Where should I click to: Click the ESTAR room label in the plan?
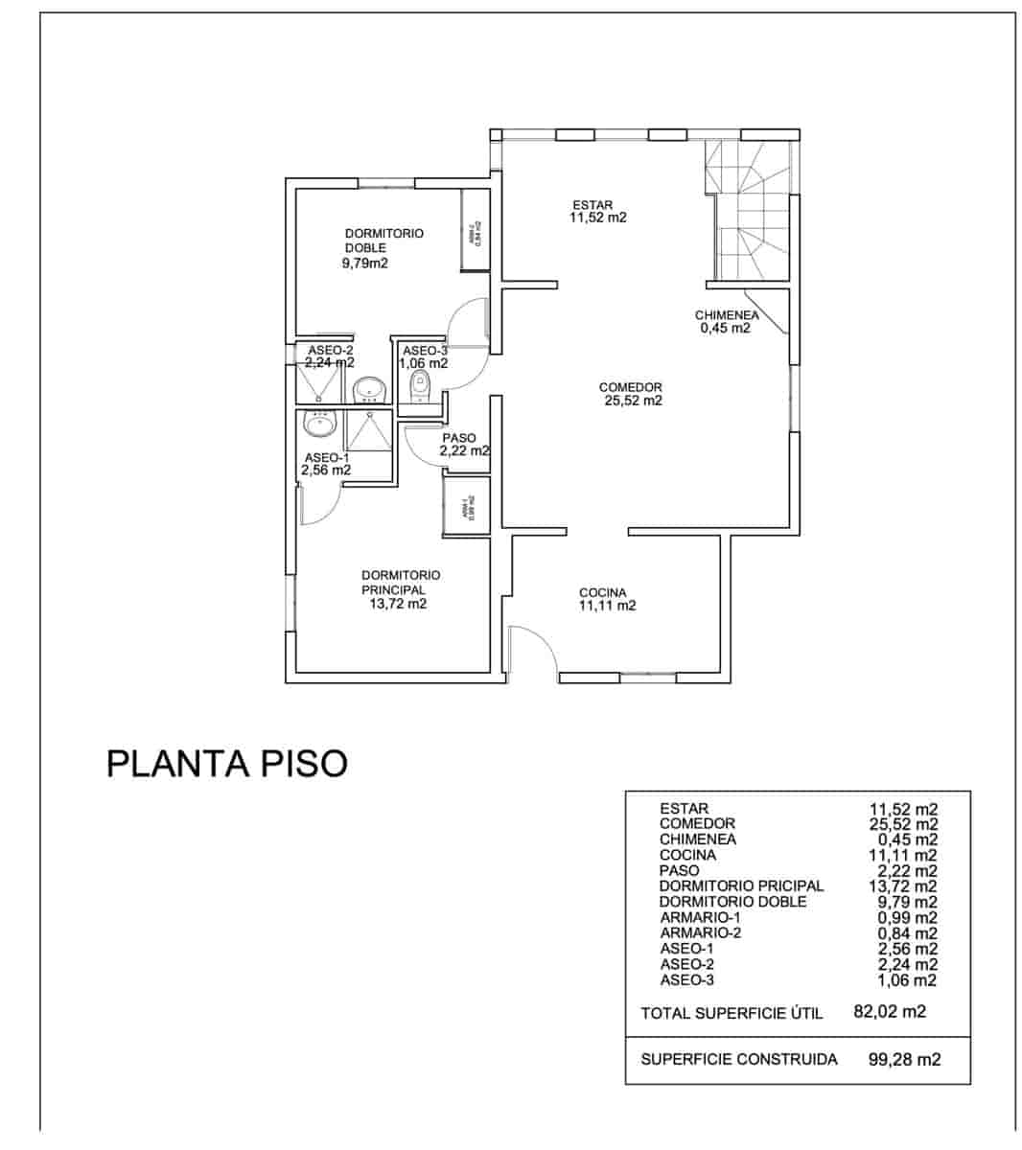click(592, 204)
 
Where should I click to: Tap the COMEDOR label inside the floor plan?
click(630, 387)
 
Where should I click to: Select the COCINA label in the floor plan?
click(602, 592)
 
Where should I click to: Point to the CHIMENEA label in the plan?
click(727, 315)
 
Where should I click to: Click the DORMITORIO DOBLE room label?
click(383, 240)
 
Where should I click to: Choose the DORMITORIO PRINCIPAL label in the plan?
click(400, 582)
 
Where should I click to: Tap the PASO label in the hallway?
click(458, 438)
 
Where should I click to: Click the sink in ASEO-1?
click(319, 423)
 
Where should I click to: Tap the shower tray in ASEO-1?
click(368, 430)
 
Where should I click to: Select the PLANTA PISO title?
click(226, 764)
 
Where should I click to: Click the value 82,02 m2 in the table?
click(889, 1011)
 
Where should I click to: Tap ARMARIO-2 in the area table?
click(700, 932)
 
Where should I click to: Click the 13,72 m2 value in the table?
click(902, 885)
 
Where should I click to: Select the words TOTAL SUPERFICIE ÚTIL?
click(731, 1013)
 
